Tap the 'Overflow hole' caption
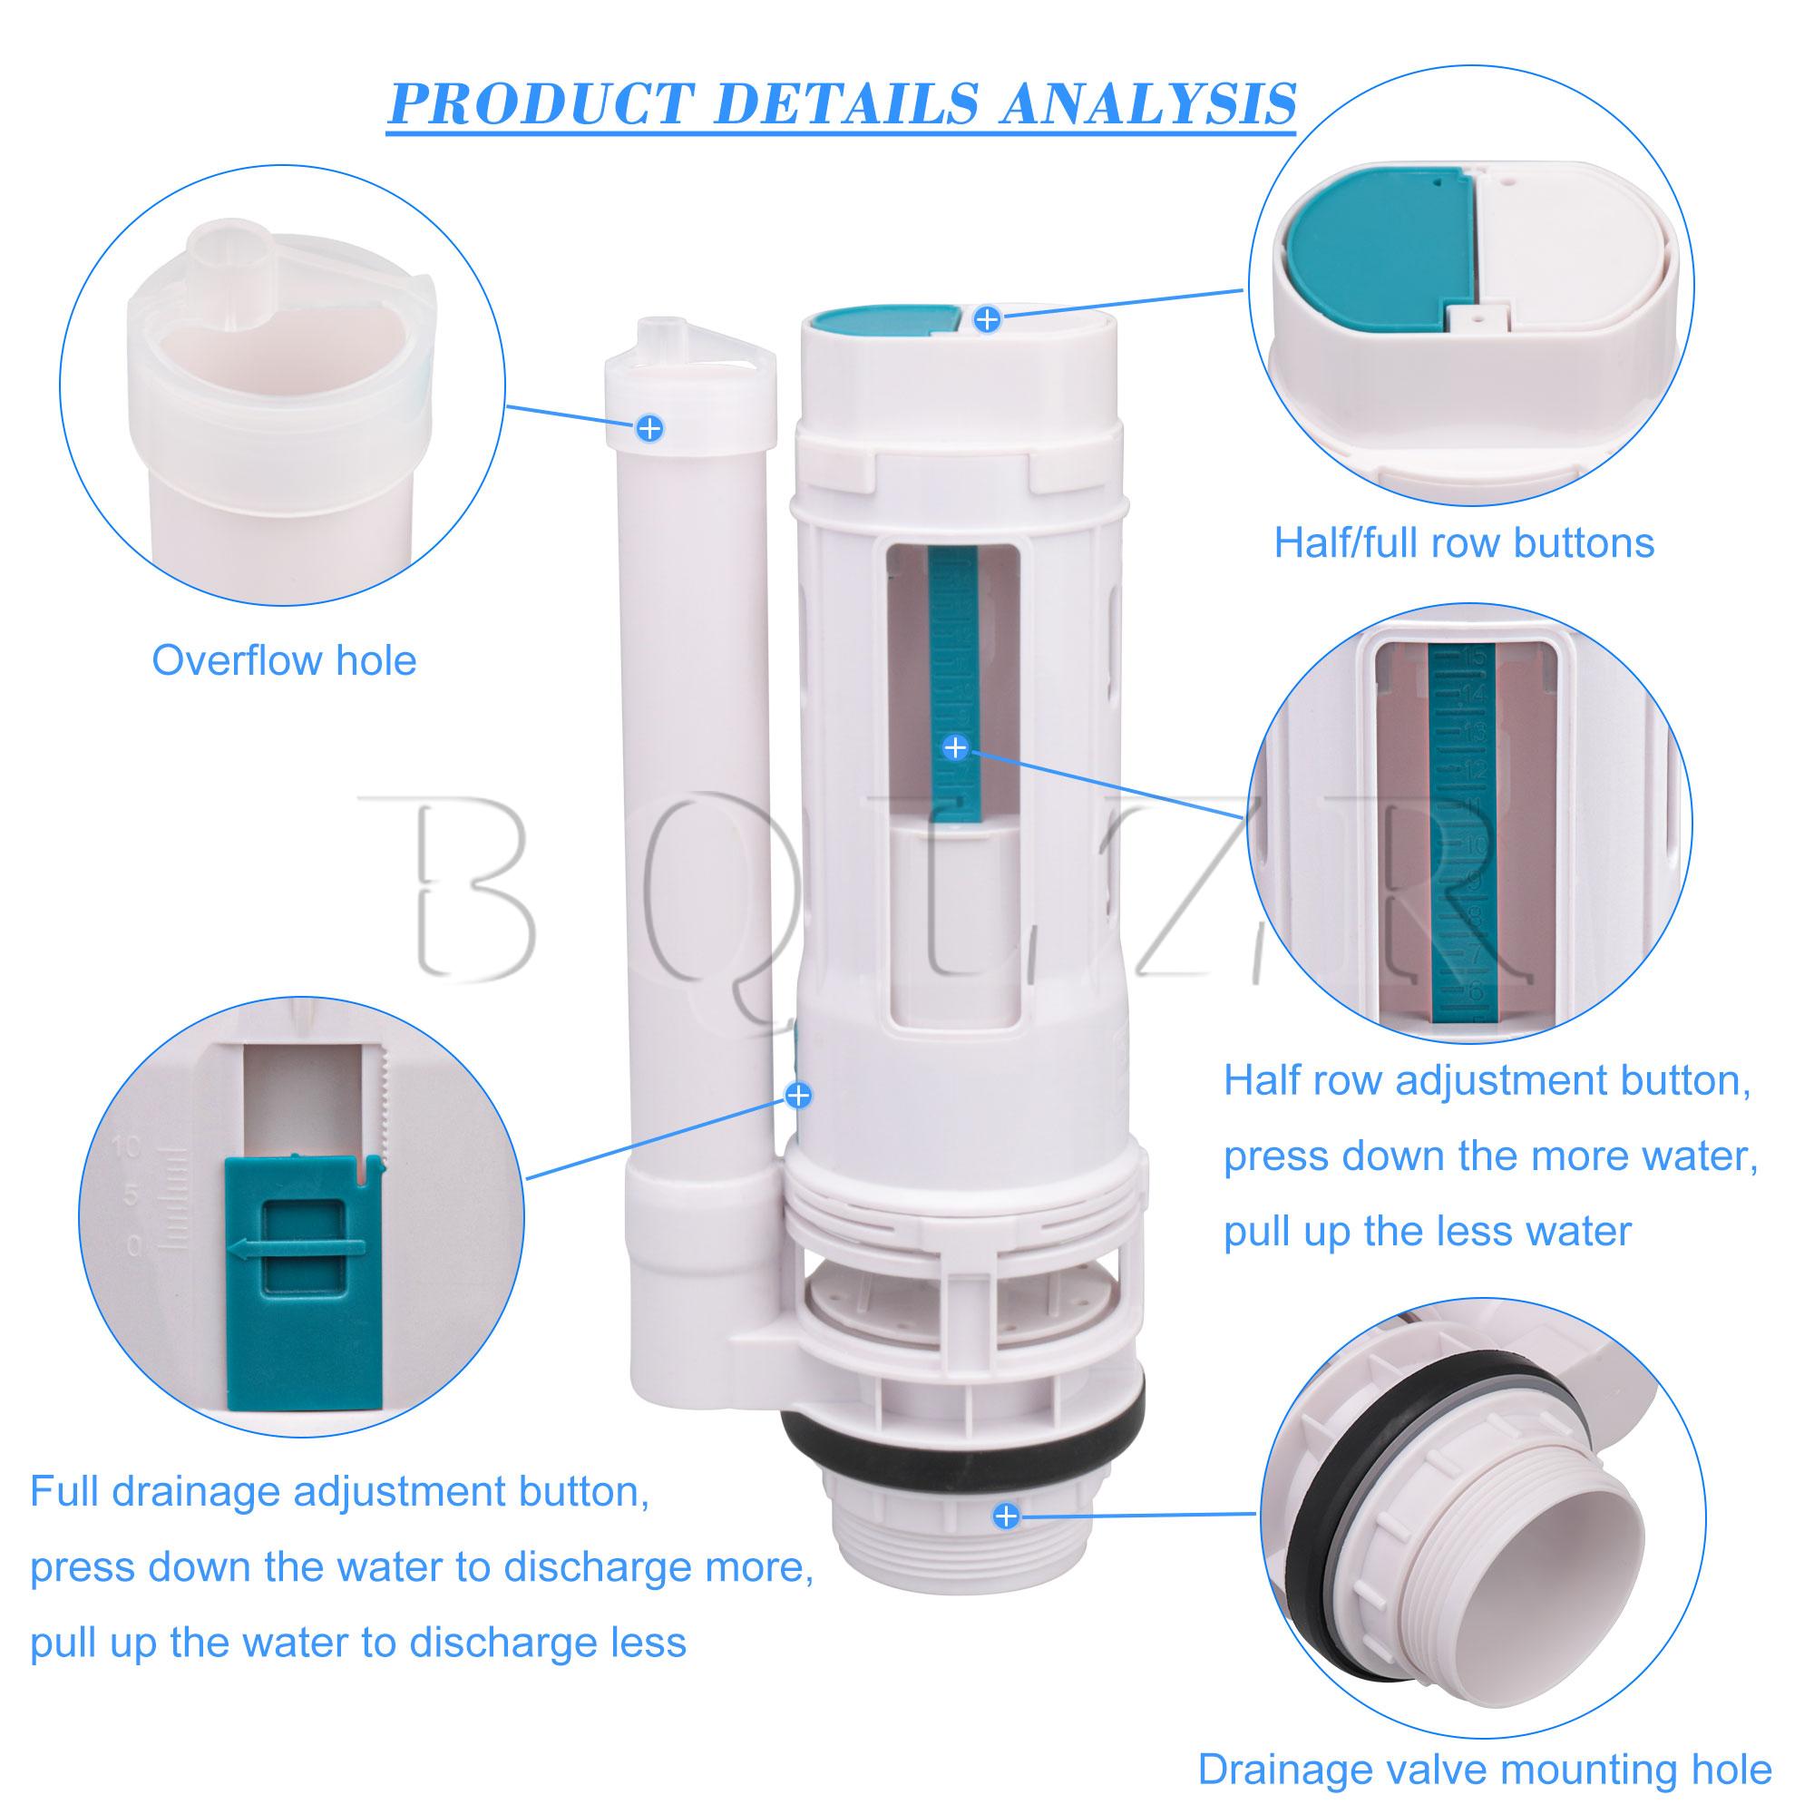(284, 661)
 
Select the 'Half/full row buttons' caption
(1463, 542)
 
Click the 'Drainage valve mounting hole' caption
(1485, 1769)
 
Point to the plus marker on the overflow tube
(649, 428)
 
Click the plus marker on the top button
(986, 319)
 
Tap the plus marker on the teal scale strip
(955, 748)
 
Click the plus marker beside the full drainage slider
(798, 1095)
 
